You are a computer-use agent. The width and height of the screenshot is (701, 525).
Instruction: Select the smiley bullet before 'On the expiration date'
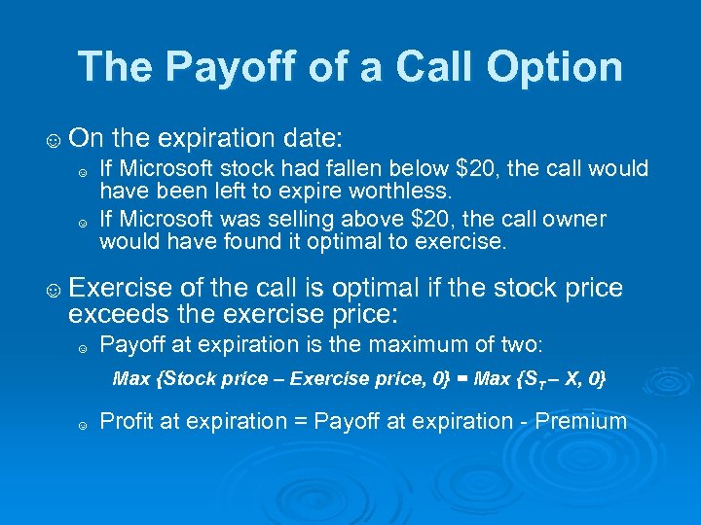[52, 137]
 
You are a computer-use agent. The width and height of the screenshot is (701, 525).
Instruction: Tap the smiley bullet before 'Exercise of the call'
[52, 289]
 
